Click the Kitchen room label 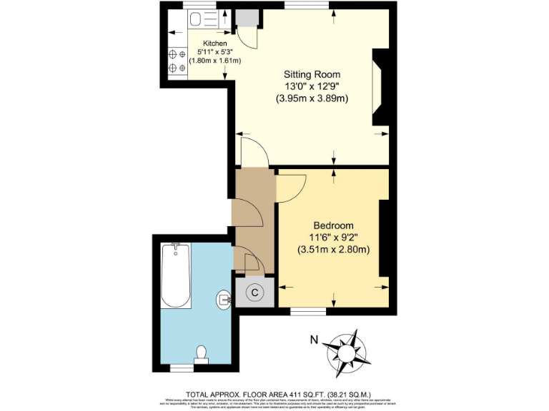coord(214,44)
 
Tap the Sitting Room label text coord(312,74)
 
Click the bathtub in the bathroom coord(175,275)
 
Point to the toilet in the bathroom coord(201,354)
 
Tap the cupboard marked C coord(254,292)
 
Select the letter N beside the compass coord(313,340)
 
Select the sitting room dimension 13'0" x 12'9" coord(312,86)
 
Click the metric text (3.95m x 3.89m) coord(312,99)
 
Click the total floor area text coord(274,393)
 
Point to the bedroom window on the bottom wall coord(308,310)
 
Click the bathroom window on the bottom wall coord(182,368)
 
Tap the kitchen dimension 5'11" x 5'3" coord(214,52)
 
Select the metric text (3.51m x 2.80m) coord(332,249)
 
